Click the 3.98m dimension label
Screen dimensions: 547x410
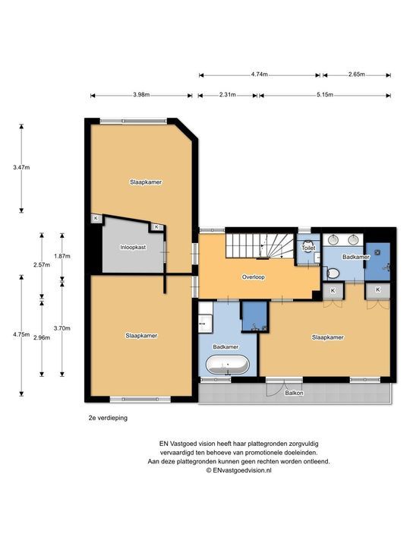[x=140, y=95]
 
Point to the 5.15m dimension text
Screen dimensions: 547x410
[x=324, y=95]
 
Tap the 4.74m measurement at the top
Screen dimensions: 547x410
[x=259, y=74]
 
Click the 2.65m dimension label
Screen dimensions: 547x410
[x=356, y=74]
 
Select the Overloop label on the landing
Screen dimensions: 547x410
[x=253, y=277]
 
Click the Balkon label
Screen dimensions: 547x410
[x=294, y=393]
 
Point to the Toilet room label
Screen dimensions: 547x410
[x=308, y=248]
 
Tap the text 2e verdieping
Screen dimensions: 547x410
[x=106, y=418]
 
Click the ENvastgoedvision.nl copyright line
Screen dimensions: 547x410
[x=238, y=470]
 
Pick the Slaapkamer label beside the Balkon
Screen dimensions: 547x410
[x=327, y=337]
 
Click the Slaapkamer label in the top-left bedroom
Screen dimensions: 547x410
[x=145, y=182]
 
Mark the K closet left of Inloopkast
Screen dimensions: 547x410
[x=96, y=219]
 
